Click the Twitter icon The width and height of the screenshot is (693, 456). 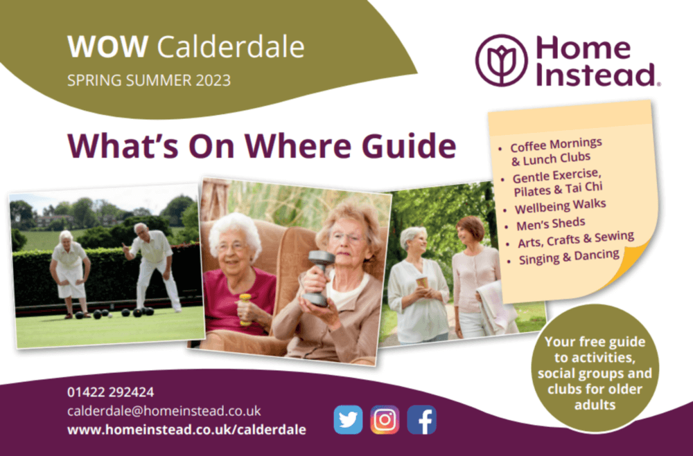point(348,419)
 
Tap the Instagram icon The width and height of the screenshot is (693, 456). point(385,419)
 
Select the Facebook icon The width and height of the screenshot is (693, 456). point(421,419)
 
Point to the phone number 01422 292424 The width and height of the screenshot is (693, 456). point(111,392)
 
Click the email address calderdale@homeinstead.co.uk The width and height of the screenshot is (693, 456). point(164,410)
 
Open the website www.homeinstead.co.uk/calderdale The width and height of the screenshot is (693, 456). point(186,430)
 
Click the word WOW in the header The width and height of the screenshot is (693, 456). point(107,46)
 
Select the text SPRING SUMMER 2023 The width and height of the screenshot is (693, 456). point(149,80)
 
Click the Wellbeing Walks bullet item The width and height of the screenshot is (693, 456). point(561,206)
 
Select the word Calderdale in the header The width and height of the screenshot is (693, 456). point(231,46)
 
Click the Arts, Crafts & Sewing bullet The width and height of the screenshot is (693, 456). point(575,239)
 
